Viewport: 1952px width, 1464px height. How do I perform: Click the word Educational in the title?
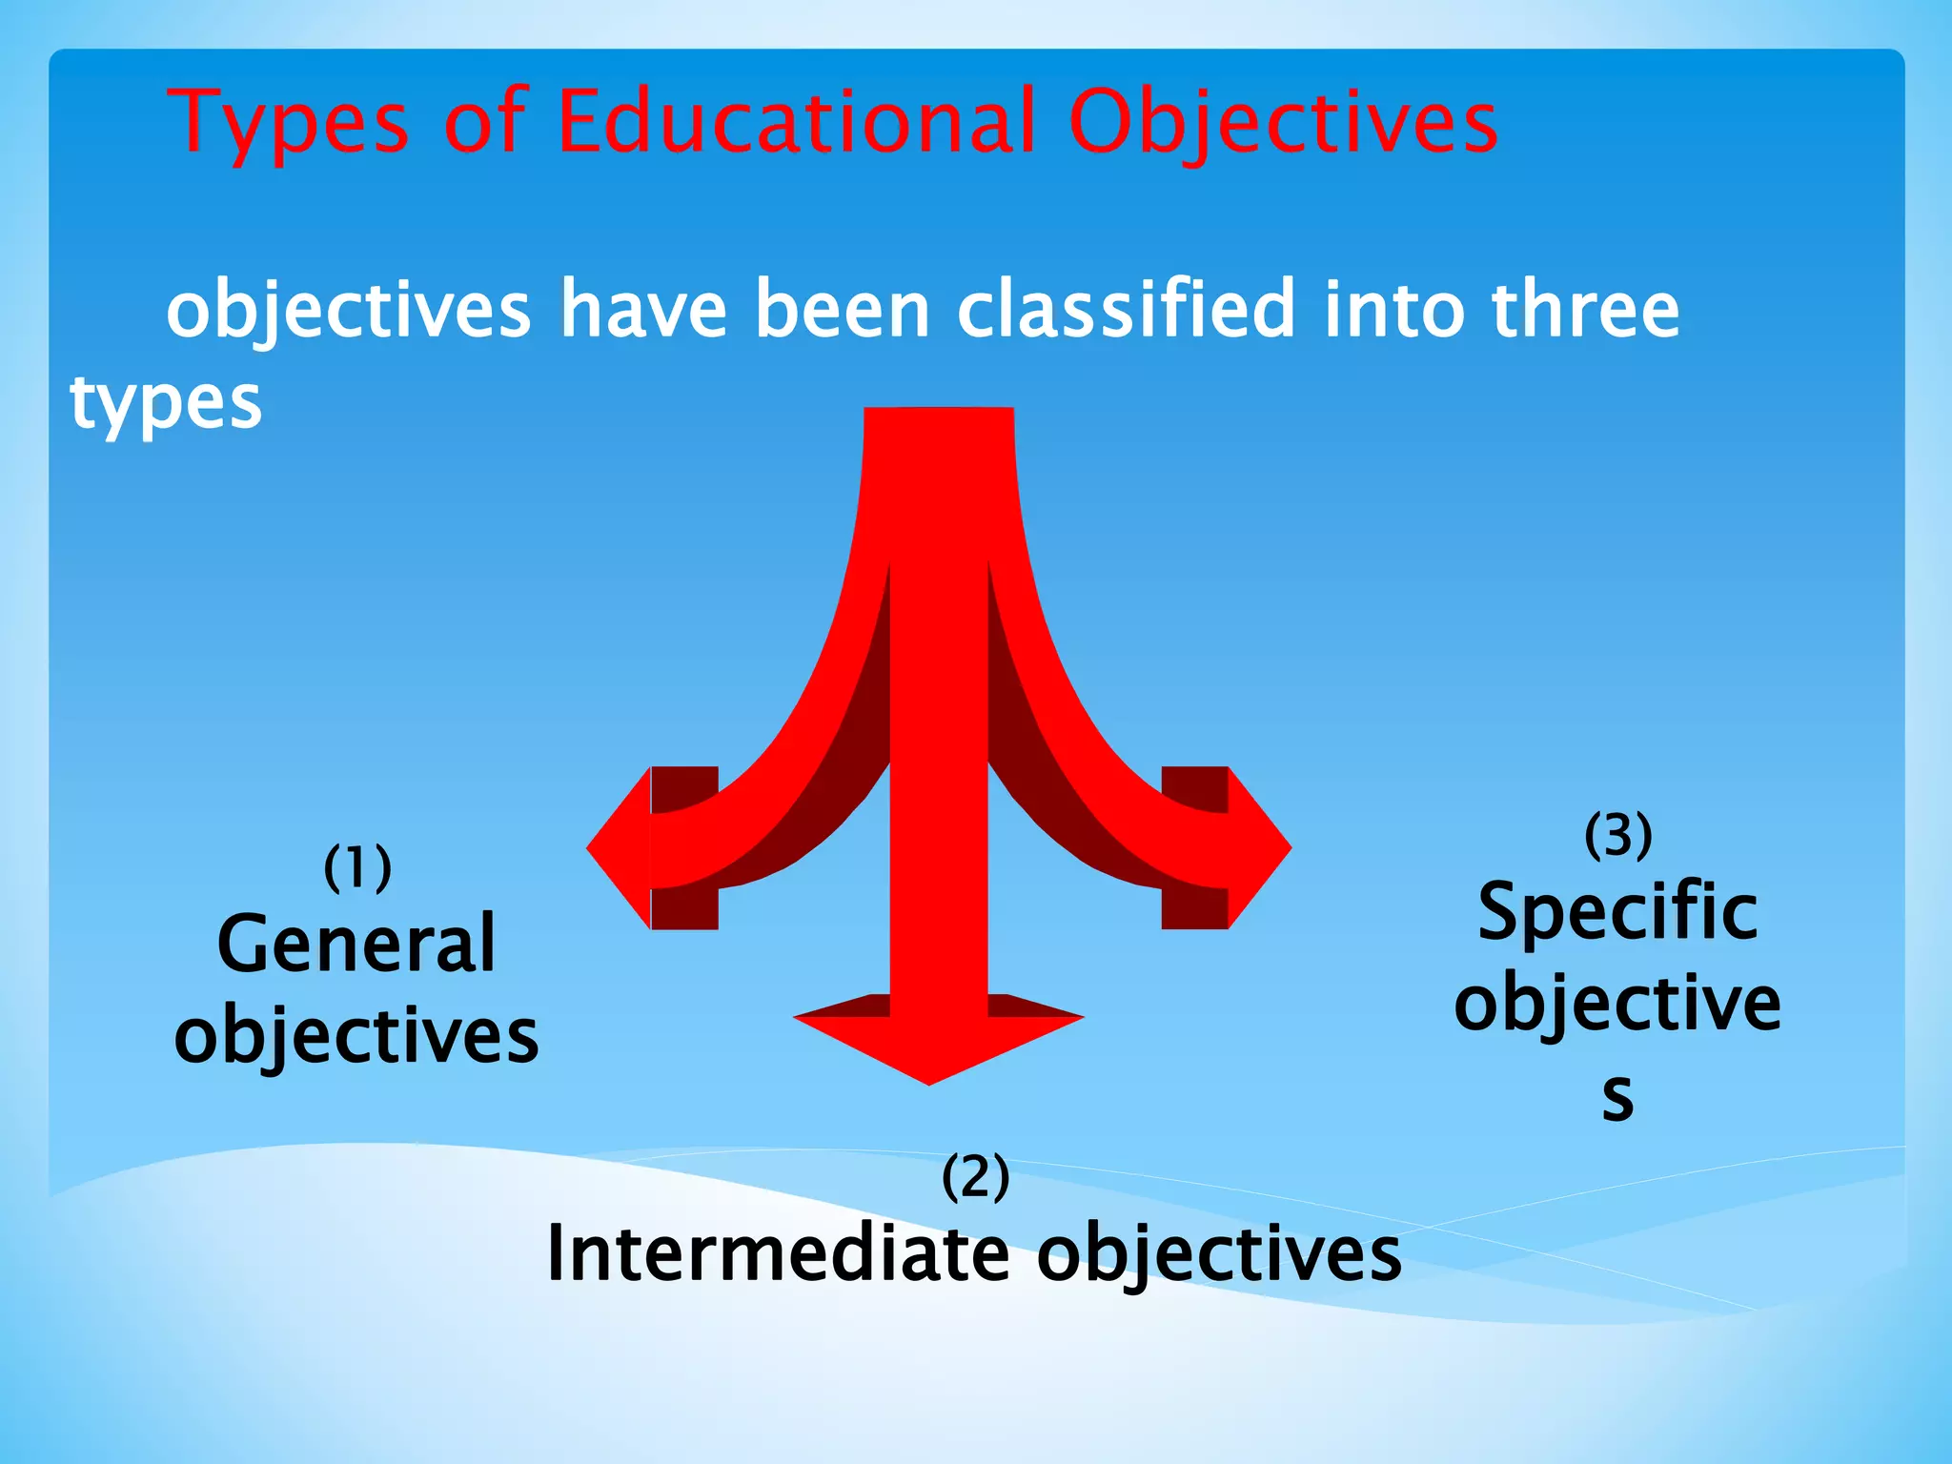click(795, 122)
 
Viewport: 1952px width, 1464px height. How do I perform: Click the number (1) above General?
click(357, 867)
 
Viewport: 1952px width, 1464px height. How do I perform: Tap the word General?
click(356, 944)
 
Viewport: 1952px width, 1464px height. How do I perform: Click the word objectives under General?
click(356, 1037)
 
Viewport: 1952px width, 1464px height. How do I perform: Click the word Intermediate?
click(778, 1253)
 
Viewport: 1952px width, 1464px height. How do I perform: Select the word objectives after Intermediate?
click(1219, 1255)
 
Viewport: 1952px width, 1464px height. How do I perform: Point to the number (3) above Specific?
click(1617, 835)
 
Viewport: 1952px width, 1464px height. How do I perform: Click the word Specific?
click(1617, 913)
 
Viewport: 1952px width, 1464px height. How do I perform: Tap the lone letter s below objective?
click(1617, 1096)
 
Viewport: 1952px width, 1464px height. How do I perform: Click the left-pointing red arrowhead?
click(620, 847)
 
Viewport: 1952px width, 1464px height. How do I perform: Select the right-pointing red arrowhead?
click(1258, 847)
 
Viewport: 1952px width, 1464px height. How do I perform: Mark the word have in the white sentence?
click(644, 309)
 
